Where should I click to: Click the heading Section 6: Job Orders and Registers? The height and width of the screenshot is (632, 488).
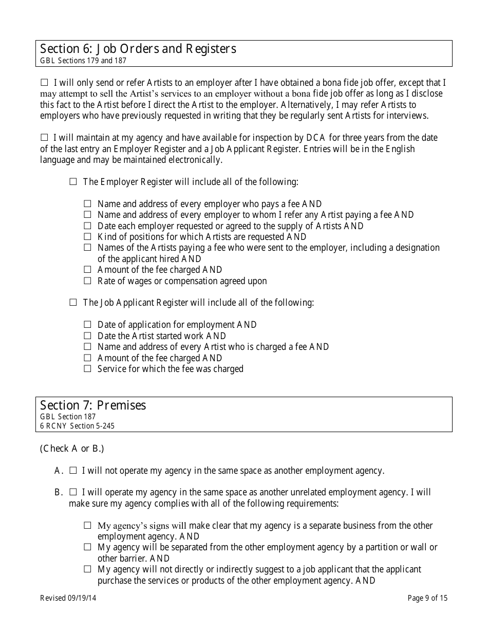138,49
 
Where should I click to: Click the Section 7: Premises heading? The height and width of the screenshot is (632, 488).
93,405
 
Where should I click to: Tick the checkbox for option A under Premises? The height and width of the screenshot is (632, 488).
73,470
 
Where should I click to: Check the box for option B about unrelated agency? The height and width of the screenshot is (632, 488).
73,492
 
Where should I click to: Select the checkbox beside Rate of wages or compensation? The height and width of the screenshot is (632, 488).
87,281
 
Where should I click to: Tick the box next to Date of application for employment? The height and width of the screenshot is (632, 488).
87,325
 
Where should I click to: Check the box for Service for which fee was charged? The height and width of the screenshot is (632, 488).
87,369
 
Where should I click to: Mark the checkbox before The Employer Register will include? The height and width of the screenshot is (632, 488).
73,182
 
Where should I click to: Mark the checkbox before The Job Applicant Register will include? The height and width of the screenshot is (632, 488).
73,303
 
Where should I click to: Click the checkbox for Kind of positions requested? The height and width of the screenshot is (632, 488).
87,237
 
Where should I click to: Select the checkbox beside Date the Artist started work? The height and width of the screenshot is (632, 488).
87,336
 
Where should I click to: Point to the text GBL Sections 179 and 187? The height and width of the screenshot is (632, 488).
83,61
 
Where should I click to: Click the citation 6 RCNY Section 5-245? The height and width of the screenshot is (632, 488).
77,426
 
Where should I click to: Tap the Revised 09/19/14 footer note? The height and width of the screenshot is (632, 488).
68,598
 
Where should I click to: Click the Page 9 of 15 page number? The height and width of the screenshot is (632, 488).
427,598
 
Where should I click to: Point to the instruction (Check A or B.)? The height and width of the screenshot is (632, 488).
72,449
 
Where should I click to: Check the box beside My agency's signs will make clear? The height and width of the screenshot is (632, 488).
87,526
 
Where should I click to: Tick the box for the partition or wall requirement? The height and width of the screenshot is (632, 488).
87,548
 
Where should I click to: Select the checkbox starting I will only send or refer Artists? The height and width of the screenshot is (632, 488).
44,82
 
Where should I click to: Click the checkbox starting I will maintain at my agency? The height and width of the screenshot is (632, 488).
44,138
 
